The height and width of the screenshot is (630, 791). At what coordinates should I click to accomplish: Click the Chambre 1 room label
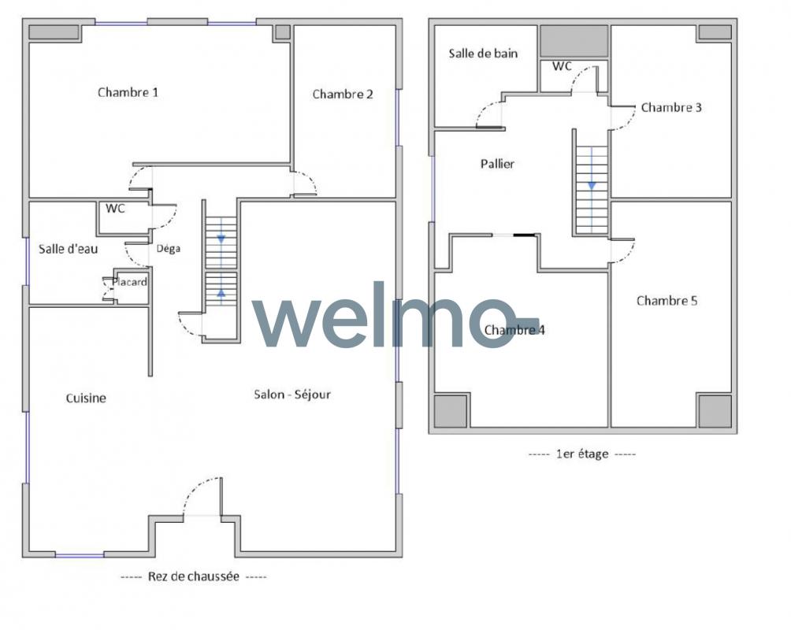[128, 92]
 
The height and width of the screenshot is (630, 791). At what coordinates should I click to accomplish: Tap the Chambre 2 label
[343, 94]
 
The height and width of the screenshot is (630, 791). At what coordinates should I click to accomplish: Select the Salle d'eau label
[68, 249]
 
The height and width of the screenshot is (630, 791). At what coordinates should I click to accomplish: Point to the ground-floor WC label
[115, 209]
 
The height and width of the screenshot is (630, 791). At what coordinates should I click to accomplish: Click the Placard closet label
[130, 282]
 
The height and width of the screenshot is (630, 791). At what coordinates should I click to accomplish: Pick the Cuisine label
[86, 398]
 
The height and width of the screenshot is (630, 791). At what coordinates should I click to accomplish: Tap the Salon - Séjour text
[292, 394]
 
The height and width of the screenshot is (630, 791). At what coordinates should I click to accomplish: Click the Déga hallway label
[168, 249]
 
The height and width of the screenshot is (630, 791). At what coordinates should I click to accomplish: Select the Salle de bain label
[483, 54]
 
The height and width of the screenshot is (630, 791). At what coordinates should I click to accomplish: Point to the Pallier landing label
[497, 164]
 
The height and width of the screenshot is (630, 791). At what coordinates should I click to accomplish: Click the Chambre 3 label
[671, 107]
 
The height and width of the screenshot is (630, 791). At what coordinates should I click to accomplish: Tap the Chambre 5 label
[667, 301]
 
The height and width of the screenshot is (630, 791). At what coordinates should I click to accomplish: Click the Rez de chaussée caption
[193, 576]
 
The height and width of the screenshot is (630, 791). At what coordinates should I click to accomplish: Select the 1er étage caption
[582, 454]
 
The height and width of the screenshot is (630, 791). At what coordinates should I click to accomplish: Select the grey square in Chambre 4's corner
[451, 410]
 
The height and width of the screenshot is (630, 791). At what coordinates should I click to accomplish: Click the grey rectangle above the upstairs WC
[574, 41]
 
